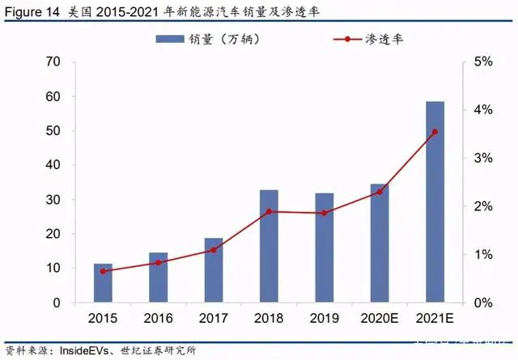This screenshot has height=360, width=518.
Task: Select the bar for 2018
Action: click(x=269, y=246)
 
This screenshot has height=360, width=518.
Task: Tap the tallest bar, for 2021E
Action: click(x=435, y=202)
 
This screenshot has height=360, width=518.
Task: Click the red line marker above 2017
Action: click(x=214, y=250)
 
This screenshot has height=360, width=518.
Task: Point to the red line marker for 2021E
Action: click(x=435, y=132)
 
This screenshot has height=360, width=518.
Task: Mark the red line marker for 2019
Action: click(x=324, y=213)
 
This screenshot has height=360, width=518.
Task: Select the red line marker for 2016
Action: click(x=158, y=263)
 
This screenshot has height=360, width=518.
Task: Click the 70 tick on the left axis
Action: click(x=53, y=61)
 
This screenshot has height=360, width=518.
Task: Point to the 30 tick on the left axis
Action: click(x=53, y=200)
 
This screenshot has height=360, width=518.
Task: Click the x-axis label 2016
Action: click(x=158, y=318)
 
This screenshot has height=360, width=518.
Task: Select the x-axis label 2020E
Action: click(x=379, y=318)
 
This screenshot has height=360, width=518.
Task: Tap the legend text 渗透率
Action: click(x=384, y=38)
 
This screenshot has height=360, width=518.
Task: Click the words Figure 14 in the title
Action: click(x=32, y=11)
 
